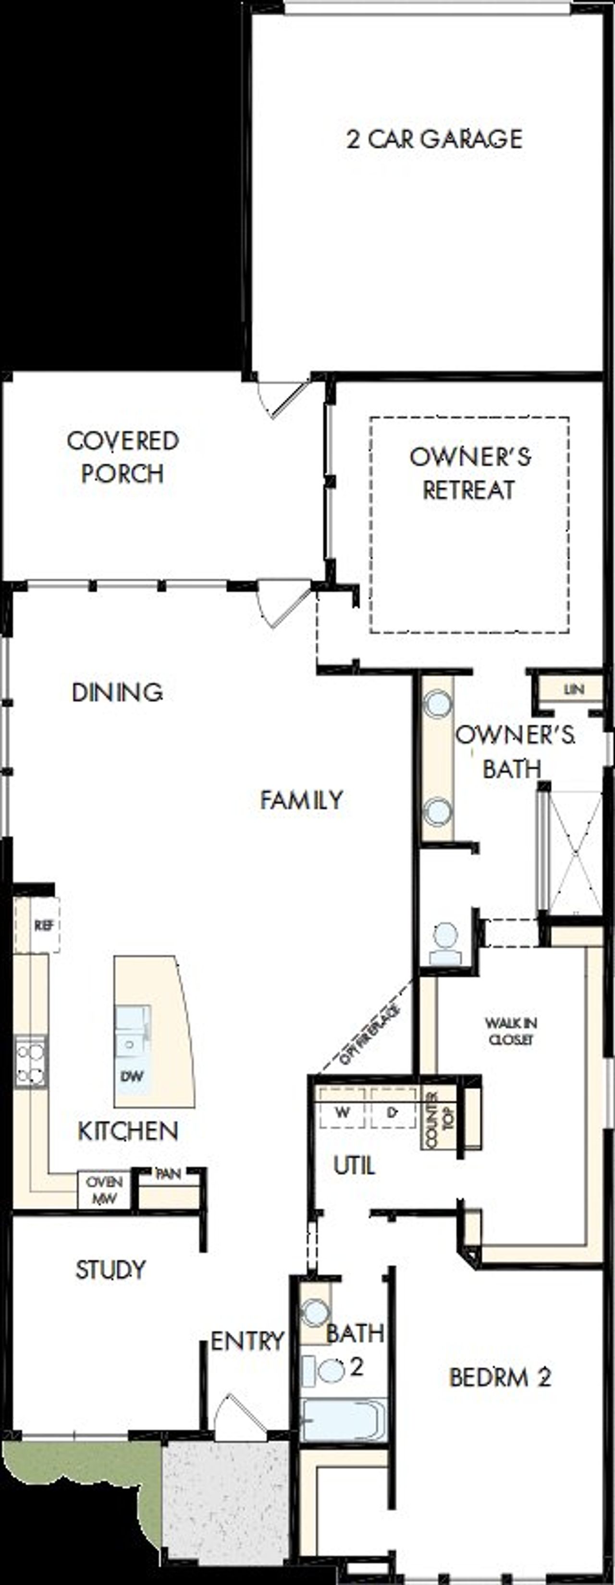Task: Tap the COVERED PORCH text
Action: coord(123,457)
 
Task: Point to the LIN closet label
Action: coord(573,690)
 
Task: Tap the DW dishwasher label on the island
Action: coord(132,1075)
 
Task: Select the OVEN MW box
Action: coord(104,1189)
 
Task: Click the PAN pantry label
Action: coord(168,1173)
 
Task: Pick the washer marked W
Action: coord(343,1112)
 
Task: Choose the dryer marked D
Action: coord(393,1112)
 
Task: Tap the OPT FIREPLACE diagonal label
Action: coord(369,1034)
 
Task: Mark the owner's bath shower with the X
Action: coord(575,852)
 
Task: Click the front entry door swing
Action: coord(240,1416)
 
